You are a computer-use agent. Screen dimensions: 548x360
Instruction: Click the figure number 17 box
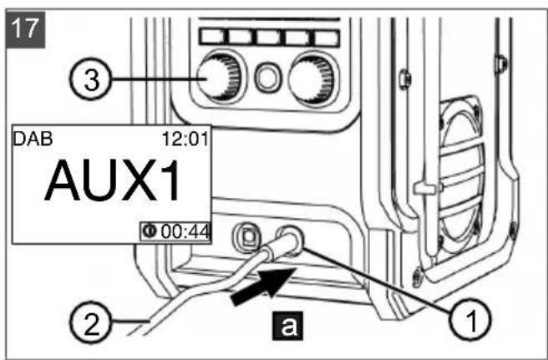pos(26,29)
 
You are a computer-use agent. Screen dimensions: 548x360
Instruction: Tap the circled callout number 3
pos(90,80)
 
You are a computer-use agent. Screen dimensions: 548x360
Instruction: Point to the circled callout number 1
pos(470,320)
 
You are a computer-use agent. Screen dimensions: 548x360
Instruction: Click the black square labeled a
pos(287,326)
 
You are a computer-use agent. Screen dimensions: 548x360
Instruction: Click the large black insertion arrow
pos(264,285)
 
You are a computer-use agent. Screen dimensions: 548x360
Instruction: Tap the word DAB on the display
pos(33,139)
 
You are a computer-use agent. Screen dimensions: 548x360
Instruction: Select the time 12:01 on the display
pos(185,139)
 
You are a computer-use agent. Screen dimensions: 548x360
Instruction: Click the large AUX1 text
pos(113,180)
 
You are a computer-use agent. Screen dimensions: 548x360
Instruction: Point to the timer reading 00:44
pos(185,231)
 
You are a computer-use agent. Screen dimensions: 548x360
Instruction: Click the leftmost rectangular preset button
pos(212,37)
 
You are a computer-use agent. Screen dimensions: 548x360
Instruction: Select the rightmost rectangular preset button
pos(327,38)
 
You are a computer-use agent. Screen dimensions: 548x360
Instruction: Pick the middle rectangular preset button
pos(269,37)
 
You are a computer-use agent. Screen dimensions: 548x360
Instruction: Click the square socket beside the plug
pos(248,236)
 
